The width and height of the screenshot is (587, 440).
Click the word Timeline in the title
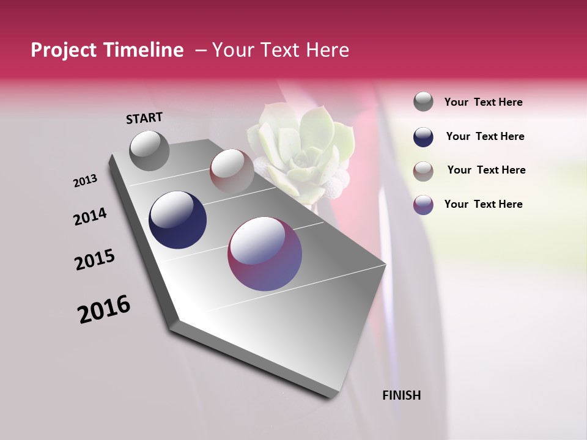pyautogui.click(x=147, y=51)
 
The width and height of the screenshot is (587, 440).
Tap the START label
pyautogui.click(x=144, y=118)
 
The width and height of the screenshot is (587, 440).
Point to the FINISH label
pyautogui.click(x=401, y=395)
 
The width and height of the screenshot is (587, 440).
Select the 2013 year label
pyautogui.click(x=85, y=181)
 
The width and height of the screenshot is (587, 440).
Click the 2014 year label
pyautogui.click(x=90, y=216)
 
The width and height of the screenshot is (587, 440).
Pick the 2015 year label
pyautogui.click(x=95, y=260)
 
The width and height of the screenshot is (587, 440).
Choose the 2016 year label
pyautogui.click(x=104, y=309)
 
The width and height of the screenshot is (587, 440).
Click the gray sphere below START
pyautogui.click(x=149, y=150)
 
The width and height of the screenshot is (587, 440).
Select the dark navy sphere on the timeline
pyautogui.click(x=177, y=220)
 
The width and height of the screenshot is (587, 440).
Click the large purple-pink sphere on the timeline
pyautogui.click(x=265, y=253)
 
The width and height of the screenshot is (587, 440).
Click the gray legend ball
pyautogui.click(x=423, y=101)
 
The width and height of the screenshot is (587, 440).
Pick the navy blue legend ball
pyautogui.click(x=423, y=137)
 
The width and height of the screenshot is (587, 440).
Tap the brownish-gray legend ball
pyautogui.click(x=423, y=171)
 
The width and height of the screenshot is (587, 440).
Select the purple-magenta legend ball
pyautogui.click(x=423, y=205)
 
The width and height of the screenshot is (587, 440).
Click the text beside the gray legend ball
pyautogui.click(x=483, y=102)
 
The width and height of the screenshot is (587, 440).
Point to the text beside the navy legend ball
pyautogui.click(x=485, y=136)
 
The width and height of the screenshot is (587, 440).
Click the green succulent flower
pyautogui.click(x=300, y=147)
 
